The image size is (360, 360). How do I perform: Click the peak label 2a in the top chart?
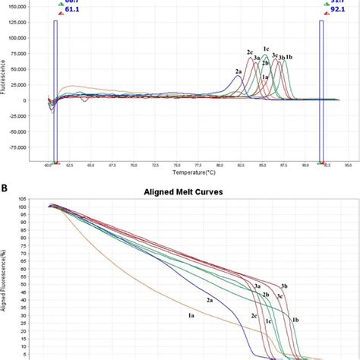(x=238, y=71)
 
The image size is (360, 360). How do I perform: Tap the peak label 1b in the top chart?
(x=289, y=57)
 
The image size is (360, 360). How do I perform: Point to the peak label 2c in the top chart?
(x=250, y=52)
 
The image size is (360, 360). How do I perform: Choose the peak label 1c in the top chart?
(x=266, y=49)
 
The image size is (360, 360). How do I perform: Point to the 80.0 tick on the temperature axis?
(x=219, y=164)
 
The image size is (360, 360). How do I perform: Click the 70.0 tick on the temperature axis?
(x=134, y=164)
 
